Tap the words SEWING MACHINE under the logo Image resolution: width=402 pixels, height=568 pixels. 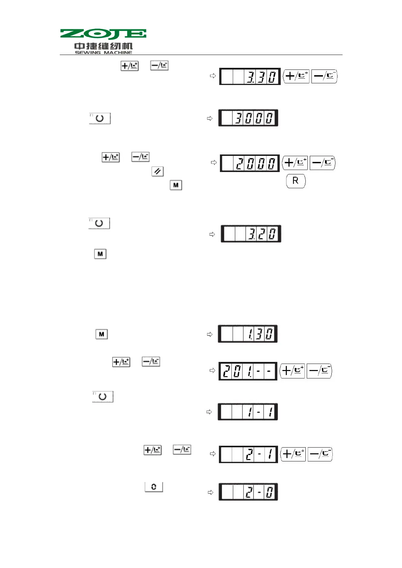(103, 52)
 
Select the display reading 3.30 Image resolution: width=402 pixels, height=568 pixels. (250, 77)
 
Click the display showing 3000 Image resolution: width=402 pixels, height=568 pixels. (248, 118)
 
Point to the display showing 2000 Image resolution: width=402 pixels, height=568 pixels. (250, 163)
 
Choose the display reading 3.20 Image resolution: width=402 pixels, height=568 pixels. (251, 233)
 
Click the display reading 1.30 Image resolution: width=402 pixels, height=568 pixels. (248, 334)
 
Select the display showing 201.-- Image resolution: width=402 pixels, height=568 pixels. (248, 371)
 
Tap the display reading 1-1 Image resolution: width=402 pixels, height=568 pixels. (248, 411)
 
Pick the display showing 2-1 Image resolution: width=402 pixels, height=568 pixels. (248, 454)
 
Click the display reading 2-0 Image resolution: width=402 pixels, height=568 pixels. (248, 492)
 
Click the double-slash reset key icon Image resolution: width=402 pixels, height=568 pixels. (157, 171)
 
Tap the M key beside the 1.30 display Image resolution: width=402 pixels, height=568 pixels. (101, 334)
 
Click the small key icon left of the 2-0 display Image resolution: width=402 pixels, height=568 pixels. (154, 487)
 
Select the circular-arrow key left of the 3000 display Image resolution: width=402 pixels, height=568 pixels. (100, 118)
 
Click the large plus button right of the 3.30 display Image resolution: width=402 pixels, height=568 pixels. (296, 76)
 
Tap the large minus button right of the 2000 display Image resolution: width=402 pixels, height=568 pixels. (322, 163)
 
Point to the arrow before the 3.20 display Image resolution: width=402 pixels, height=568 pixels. (212, 234)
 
